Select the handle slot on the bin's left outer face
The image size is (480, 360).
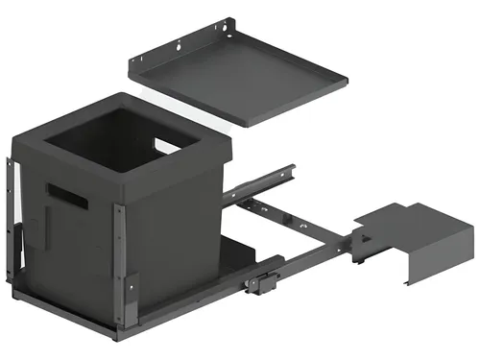[x=68, y=194]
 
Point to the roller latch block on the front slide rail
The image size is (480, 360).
[x=256, y=285]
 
